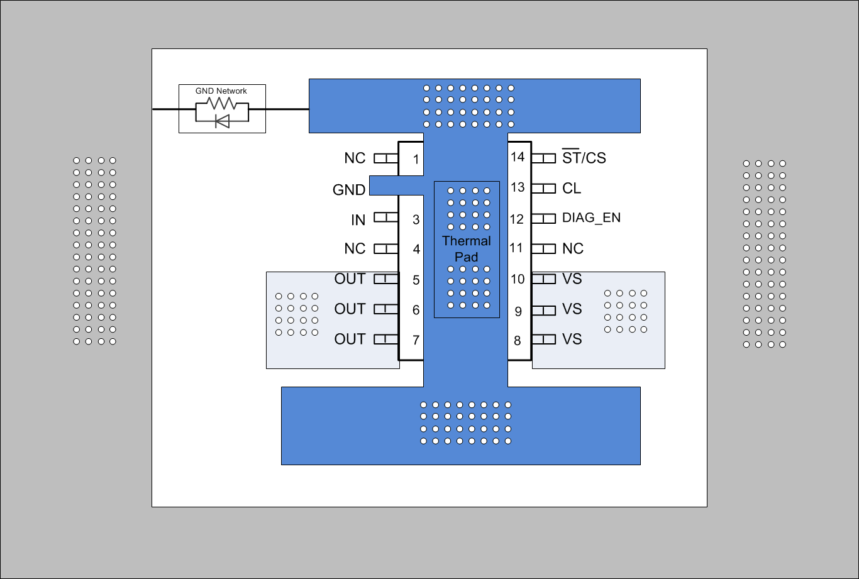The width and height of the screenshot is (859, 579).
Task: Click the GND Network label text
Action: pos(221,91)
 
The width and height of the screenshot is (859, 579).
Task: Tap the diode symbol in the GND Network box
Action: pos(222,121)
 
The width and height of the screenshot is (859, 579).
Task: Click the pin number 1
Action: pos(416,160)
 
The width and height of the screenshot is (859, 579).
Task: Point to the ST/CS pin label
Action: pos(584,158)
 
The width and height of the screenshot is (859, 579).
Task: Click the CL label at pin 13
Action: pos(572,188)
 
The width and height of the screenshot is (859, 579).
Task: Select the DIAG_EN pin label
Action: pos(591,218)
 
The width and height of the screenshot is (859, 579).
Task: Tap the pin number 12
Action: pos(517,219)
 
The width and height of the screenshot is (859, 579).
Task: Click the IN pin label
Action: pos(358,220)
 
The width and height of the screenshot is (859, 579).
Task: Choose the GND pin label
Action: pos(349,190)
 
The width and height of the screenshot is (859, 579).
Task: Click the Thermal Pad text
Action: pos(466,249)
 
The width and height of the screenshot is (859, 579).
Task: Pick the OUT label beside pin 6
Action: pos(350,309)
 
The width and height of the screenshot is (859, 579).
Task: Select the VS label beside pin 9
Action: pos(572,309)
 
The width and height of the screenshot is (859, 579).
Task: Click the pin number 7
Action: pos(416,340)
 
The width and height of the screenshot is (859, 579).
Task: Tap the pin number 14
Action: pos(517,157)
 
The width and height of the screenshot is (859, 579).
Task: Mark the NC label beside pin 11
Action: pos(572,248)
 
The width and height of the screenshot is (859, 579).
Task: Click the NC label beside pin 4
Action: pos(355,249)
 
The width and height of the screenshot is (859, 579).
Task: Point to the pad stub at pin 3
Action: pos(386,218)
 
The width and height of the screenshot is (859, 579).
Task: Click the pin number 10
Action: pos(517,279)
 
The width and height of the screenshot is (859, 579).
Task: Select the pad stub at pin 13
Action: pos(544,188)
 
